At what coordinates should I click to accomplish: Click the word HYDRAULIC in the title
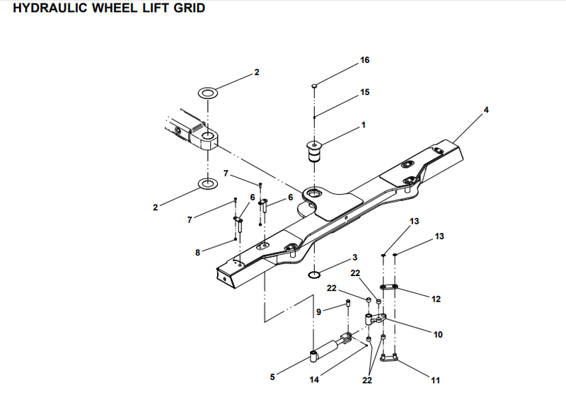pos(51,8)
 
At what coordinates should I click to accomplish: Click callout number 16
pos(364,60)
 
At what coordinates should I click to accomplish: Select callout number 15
pos(364,92)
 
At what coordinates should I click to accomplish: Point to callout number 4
pos(486,110)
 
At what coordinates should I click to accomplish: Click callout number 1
pos(363,125)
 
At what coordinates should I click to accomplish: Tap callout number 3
pos(355,257)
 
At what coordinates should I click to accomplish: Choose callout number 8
pos(197,253)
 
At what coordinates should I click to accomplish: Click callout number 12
pos(436,299)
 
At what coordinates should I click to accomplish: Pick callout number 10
pos(438,335)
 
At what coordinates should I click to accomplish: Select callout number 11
pos(435,380)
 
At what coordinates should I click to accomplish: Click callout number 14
pos(314,379)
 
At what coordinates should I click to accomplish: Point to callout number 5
pos(272,377)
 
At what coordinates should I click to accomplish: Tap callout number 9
pos(318,311)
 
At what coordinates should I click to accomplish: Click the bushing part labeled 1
pos(314,152)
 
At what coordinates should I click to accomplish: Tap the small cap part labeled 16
pos(314,86)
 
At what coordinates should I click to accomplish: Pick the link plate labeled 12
pos(388,287)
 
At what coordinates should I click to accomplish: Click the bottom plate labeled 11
pos(389,358)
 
